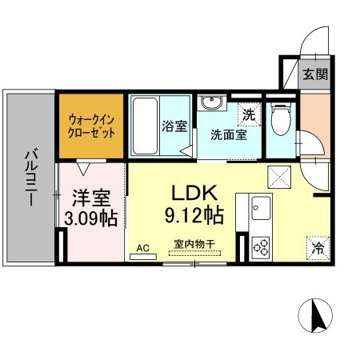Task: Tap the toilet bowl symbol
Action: click(278, 120)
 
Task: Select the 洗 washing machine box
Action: click(249, 114)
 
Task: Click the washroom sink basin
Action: click(211, 103)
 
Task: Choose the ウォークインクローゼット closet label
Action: click(90, 126)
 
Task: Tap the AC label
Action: click(143, 248)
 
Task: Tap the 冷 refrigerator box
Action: click(316, 248)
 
